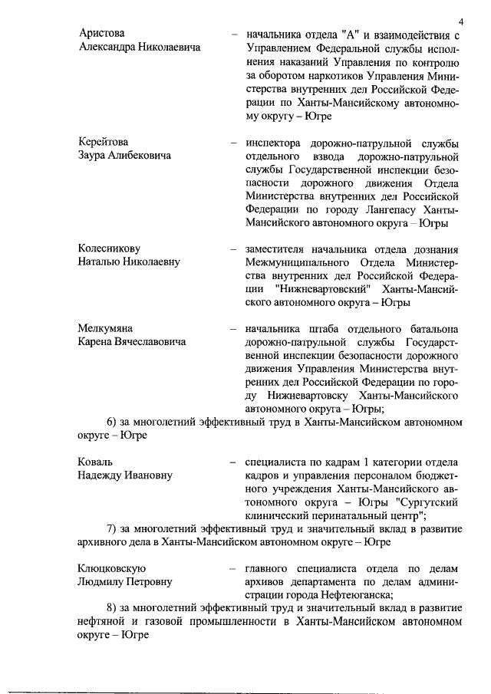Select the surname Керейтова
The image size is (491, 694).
click(104, 142)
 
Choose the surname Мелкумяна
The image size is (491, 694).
click(106, 328)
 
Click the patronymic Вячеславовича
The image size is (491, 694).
click(150, 342)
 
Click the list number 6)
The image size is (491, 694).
click(112, 422)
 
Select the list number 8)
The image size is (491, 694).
click(112, 608)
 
